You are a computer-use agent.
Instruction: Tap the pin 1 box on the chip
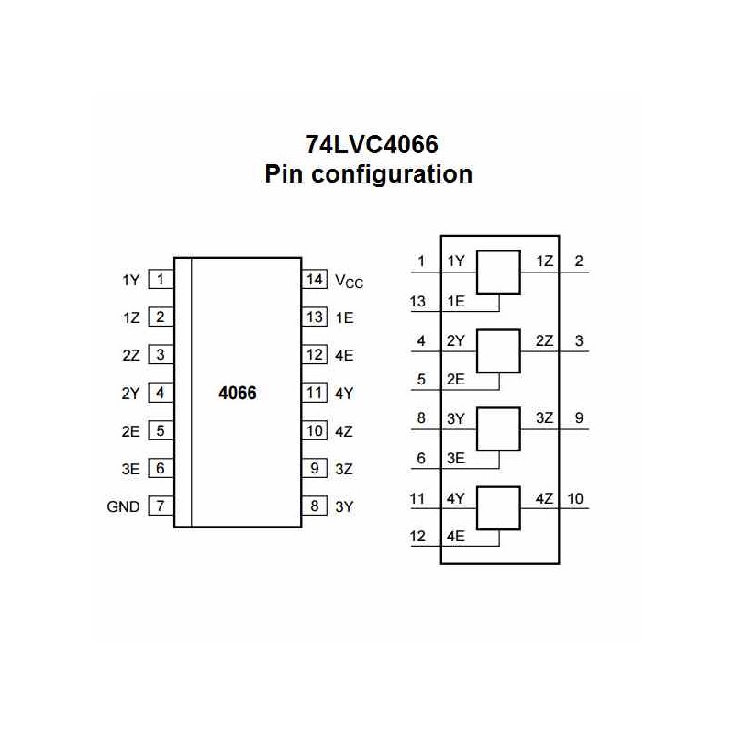click(x=161, y=279)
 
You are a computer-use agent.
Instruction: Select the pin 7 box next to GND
click(x=161, y=506)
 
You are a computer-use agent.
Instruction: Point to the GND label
click(x=124, y=506)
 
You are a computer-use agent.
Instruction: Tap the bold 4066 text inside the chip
click(x=237, y=393)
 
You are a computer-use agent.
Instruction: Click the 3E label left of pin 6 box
click(x=129, y=468)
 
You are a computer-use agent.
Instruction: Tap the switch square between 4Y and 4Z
click(x=500, y=508)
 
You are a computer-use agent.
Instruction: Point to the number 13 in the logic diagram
click(x=418, y=300)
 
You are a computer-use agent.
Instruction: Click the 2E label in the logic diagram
click(x=455, y=379)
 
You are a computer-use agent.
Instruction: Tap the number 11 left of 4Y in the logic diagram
click(x=418, y=499)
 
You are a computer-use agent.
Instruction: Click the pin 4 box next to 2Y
click(x=161, y=393)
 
